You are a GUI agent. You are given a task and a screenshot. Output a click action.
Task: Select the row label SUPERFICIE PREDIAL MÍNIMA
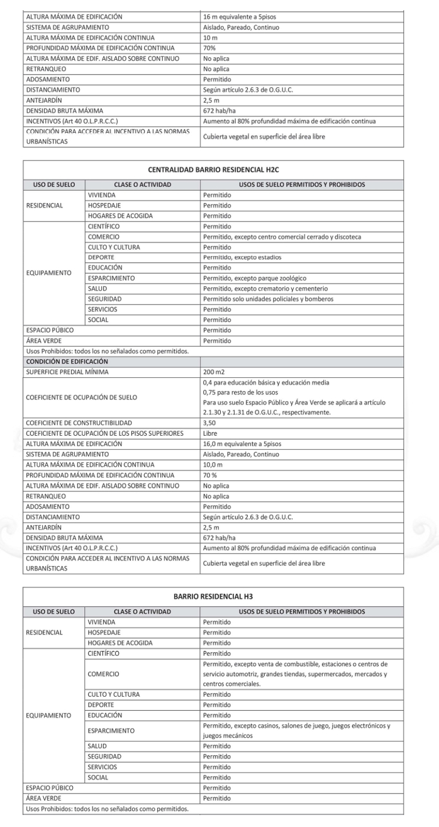67,372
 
